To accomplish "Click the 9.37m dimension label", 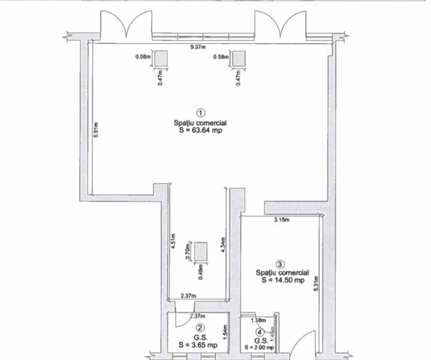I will [198, 47].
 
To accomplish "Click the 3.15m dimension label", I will [281, 220].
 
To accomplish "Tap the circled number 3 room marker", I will [281, 264].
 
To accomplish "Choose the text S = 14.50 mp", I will [283, 280].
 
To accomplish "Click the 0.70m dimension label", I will [189, 251].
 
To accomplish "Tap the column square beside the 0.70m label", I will [200, 251].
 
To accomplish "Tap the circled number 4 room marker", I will [260, 332].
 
